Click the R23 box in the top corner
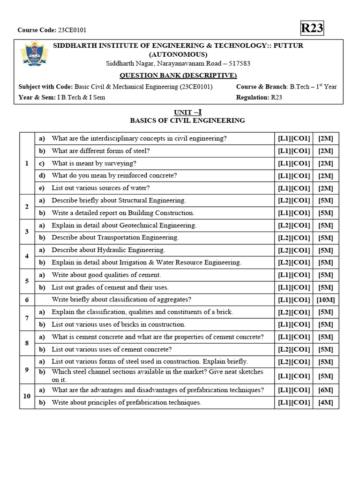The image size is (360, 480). (x=312, y=29)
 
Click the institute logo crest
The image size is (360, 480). (x=31, y=54)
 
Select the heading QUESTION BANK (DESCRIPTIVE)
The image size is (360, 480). (x=178, y=75)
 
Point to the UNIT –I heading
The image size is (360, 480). (x=187, y=112)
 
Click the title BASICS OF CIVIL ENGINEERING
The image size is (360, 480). (x=187, y=120)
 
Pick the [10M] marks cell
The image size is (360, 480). (x=325, y=300)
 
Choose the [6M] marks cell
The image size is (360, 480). (x=325, y=390)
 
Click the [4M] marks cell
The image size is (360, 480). (x=325, y=402)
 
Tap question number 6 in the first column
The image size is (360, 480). (x=27, y=300)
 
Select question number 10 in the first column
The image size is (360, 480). (x=27, y=396)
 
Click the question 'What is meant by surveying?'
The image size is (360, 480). (x=94, y=163)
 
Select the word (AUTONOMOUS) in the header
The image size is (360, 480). (x=178, y=54)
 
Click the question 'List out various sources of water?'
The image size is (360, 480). (x=101, y=188)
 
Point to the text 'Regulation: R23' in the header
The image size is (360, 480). (x=259, y=97)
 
